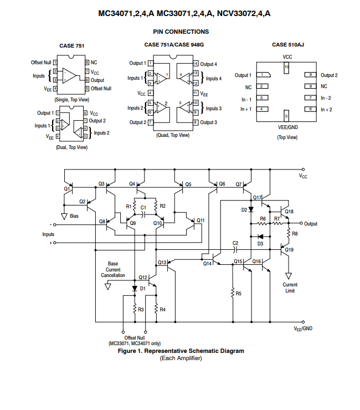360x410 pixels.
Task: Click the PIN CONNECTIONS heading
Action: pyautogui.click(x=181, y=32)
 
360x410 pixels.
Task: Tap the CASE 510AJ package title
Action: pyautogui.click(x=288, y=45)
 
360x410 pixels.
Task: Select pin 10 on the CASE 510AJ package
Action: pyautogui.click(x=286, y=68)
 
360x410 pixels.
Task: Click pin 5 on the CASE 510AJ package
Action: pyautogui.click(x=286, y=116)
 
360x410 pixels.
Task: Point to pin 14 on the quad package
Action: pyautogui.click(x=196, y=63)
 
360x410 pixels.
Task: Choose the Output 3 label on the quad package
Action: pyautogui.click(x=208, y=122)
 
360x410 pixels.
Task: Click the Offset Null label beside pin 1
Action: pyautogui.click(x=41, y=63)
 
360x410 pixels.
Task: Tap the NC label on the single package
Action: pyautogui.click(x=94, y=63)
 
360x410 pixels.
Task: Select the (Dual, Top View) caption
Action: pyautogui.click(x=71, y=147)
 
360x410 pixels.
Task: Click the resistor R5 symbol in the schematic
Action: pyautogui.click(x=233, y=293)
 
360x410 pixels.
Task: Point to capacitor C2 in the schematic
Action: pyautogui.click(x=235, y=250)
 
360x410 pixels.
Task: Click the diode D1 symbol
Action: pyautogui.click(x=135, y=289)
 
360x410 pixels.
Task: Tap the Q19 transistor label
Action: pyautogui.click(x=289, y=250)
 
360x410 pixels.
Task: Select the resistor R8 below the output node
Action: pyautogui.click(x=289, y=233)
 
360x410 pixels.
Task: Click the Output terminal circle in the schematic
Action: pyautogui.click(x=301, y=223)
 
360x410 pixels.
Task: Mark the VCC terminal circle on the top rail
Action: pyautogui.click(x=303, y=170)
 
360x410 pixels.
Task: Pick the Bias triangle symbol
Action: pyautogui.click(x=64, y=216)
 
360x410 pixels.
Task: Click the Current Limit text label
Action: pyautogui.click(x=290, y=288)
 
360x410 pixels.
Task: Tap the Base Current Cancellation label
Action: pyautogui.click(x=113, y=269)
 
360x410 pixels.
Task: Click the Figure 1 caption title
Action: pyautogui.click(x=181, y=351)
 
